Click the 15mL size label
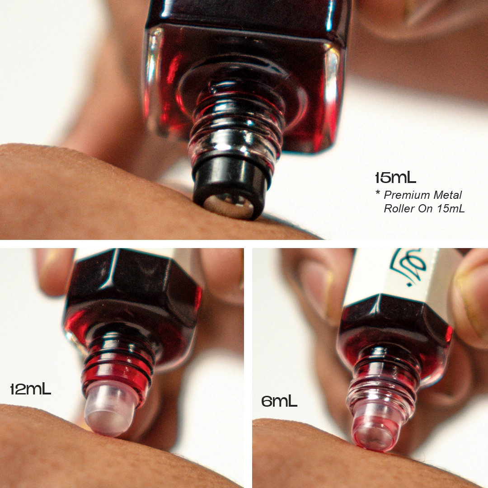point(395,178)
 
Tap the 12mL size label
point(30,389)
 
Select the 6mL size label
point(279,401)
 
